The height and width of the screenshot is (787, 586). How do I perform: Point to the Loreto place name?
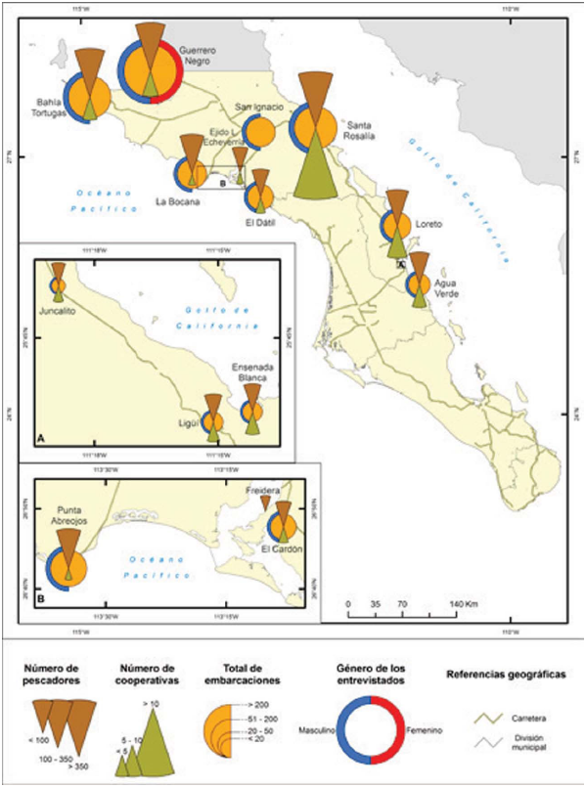coord(428,225)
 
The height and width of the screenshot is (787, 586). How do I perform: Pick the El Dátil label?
coord(261,221)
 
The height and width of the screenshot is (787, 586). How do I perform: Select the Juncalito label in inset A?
coord(58,313)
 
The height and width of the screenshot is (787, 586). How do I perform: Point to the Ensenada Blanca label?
coord(251,372)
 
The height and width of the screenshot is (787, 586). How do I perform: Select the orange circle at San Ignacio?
coord(260,132)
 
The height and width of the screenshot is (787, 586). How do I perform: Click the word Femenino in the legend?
coord(425,730)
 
